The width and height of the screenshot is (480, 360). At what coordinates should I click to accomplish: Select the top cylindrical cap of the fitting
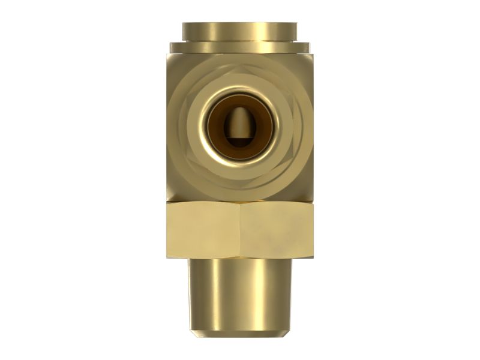(x=240, y=30)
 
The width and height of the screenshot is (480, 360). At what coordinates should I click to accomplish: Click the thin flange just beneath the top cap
(x=240, y=46)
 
